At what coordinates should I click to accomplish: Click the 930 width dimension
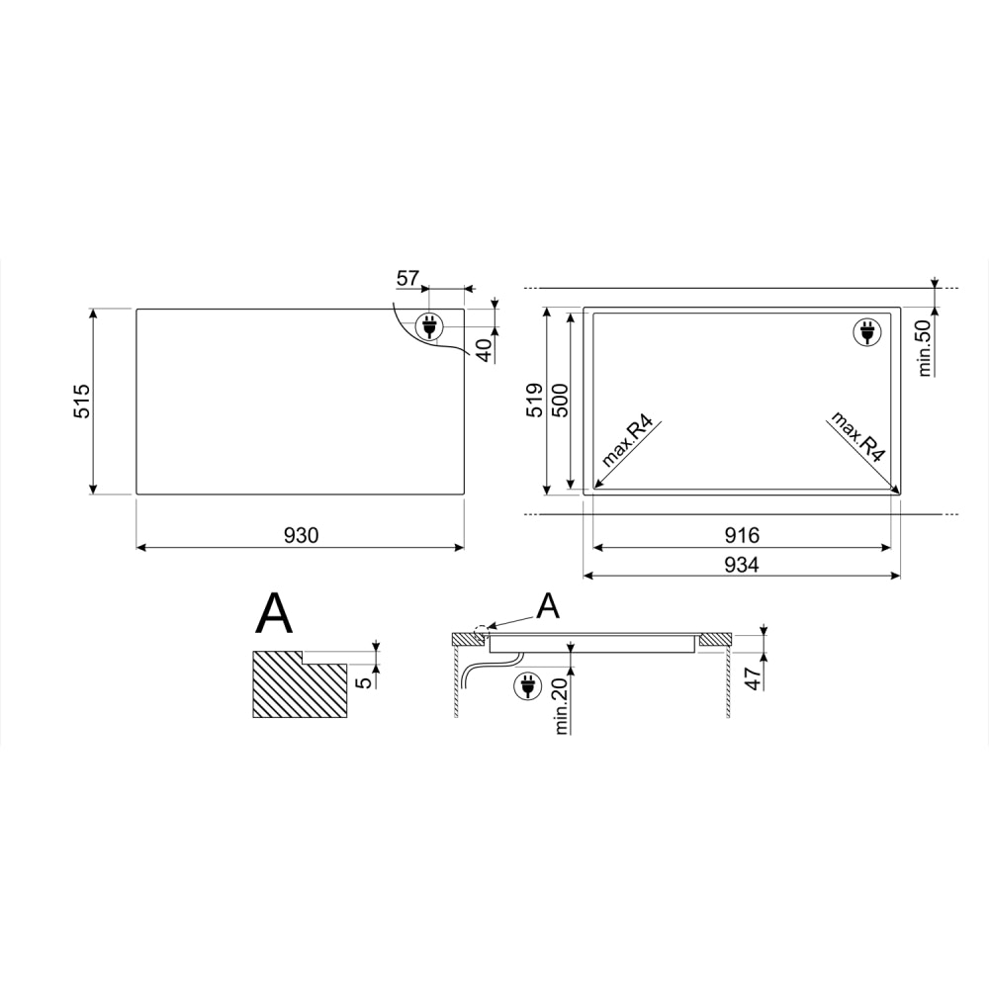click(301, 535)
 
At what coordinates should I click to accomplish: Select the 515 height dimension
click(83, 402)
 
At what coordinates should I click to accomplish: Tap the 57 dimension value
click(407, 278)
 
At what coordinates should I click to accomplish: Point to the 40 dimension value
click(485, 350)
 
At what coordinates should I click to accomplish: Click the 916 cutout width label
click(742, 535)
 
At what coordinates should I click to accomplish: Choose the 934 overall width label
click(742, 565)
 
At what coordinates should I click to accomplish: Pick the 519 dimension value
click(534, 400)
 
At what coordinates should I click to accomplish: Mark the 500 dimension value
click(560, 400)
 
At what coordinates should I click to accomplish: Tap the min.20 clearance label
click(562, 705)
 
